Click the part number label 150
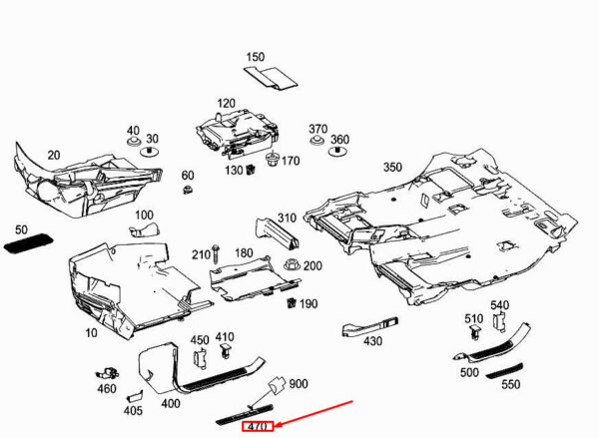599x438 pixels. pos(256,57)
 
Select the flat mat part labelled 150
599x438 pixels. pos(271,78)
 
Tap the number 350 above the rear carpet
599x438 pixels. pos(392,168)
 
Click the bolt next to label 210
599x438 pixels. pos(215,254)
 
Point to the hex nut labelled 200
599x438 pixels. pos(293,264)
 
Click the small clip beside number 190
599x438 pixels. pos(292,302)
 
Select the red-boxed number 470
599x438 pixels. pos(258,426)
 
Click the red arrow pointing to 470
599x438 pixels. pos(315,413)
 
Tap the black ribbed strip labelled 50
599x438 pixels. pos(28,243)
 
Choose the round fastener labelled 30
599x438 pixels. pos(149,152)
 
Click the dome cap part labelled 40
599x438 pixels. pos(133,142)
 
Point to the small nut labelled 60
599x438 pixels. pos(188,189)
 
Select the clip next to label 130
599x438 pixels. pos(251,169)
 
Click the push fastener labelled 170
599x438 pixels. pos(273,159)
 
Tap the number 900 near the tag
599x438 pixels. pos(298,383)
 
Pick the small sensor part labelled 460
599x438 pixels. pos(108,373)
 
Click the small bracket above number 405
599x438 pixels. pos(135,396)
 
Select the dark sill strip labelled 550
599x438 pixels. pos(504,371)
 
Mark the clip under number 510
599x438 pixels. pos(474,332)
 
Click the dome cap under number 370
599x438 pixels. pos(316,141)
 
